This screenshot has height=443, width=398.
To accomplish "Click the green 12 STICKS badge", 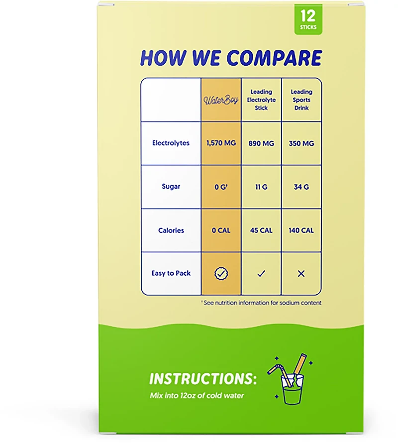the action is (308, 19).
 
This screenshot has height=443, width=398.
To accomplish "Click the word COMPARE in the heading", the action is (274, 58).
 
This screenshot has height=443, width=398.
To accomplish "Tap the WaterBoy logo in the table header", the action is (221, 100).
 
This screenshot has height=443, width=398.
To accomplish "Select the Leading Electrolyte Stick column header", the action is (261, 100).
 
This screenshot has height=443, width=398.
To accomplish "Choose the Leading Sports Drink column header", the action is (301, 100).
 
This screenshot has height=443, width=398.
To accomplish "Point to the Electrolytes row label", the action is (171, 143).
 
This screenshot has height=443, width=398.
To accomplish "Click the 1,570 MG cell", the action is (221, 143).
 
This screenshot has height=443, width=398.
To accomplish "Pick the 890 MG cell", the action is (261, 143).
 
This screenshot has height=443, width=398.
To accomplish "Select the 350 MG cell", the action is (301, 143).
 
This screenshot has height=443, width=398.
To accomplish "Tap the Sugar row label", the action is (171, 187).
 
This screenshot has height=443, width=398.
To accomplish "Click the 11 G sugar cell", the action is (261, 187).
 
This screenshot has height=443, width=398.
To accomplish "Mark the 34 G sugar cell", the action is (301, 187).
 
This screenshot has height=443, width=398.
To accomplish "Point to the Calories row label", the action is (171, 230).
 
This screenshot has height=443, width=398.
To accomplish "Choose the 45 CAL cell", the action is (261, 230).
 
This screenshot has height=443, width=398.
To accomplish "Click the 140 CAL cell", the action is (301, 230).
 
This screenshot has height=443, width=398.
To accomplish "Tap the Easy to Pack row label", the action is (171, 273).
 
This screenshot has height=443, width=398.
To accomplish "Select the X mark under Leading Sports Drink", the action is (301, 273).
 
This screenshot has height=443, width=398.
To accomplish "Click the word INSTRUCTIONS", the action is (203, 379).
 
